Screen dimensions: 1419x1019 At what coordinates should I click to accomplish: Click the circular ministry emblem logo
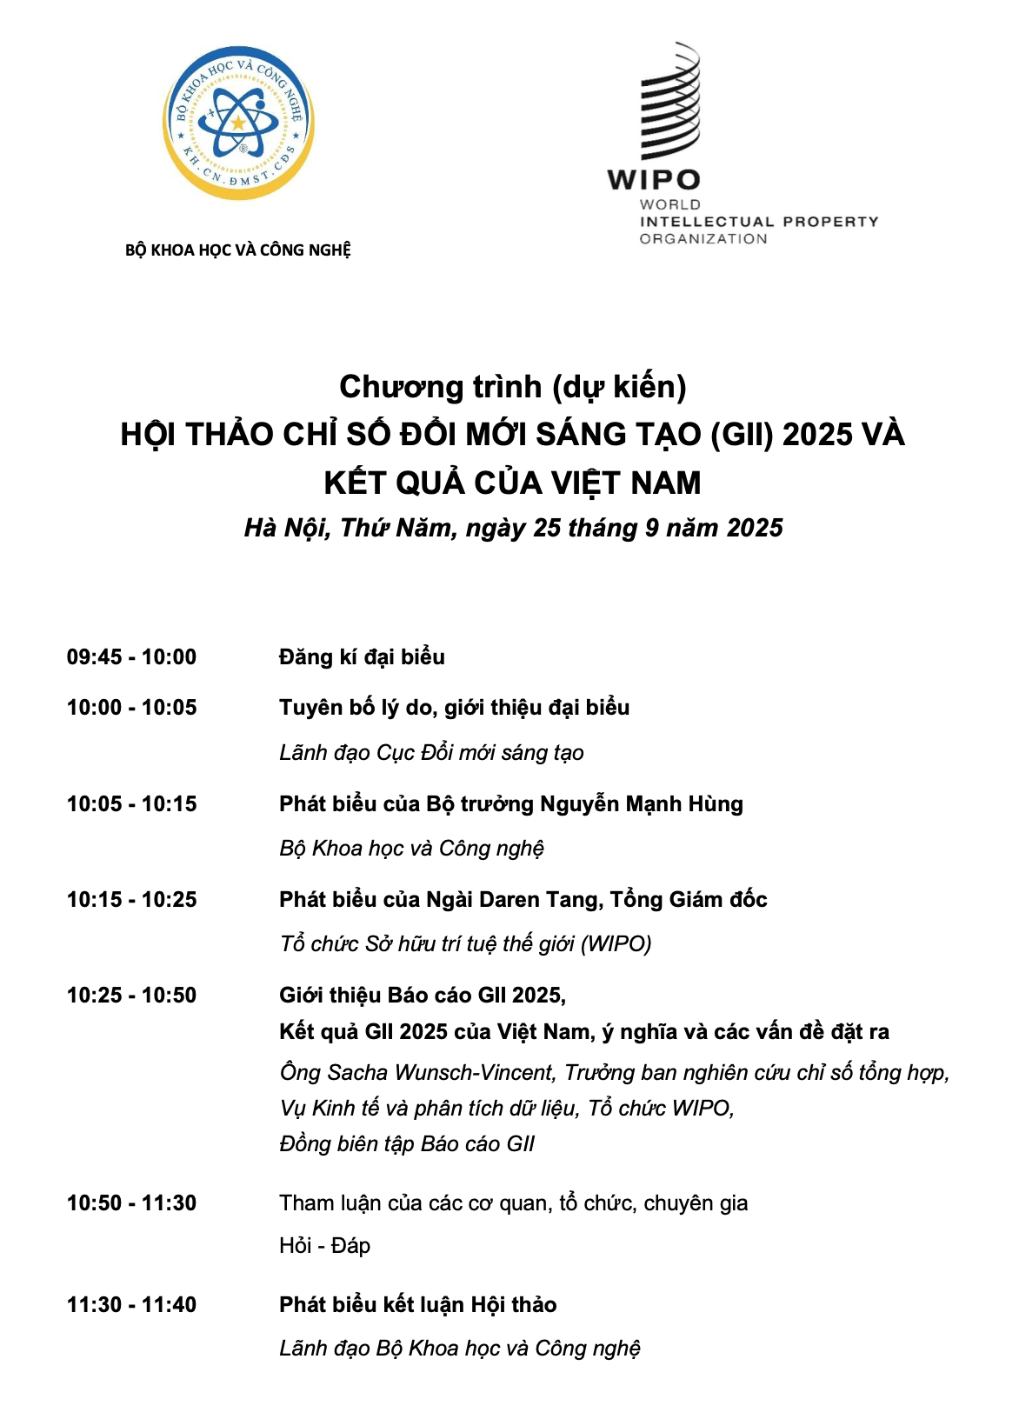(238, 123)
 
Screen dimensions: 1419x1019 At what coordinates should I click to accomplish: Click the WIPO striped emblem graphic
(669, 103)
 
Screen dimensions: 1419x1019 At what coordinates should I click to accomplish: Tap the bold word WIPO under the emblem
(653, 180)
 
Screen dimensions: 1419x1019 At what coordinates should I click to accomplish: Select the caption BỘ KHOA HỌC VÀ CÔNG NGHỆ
(238, 250)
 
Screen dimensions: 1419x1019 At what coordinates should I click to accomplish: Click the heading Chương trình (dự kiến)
(512, 387)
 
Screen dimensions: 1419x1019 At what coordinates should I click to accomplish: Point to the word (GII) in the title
(742, 435)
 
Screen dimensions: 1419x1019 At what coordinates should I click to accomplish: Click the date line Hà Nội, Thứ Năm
(513, 528)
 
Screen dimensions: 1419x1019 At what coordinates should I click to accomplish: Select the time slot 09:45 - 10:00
(131, 657)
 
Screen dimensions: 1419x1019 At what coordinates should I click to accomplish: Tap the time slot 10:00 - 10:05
(131, 708)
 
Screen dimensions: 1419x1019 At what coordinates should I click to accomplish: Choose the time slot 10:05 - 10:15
(131, 804)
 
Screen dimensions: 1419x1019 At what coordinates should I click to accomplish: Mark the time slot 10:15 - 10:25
(131, 900)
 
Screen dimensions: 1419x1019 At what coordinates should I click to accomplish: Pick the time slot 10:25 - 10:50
(131, 996)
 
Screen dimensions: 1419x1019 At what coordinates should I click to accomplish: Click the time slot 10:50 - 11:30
(131, 1203)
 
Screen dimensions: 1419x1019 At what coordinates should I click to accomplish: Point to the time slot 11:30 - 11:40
(131, 1305)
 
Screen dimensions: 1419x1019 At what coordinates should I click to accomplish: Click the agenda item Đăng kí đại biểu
(362, 657)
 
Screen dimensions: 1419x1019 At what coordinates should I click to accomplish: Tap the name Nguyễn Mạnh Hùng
(642, 804)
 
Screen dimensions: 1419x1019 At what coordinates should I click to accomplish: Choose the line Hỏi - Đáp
(324, 1246)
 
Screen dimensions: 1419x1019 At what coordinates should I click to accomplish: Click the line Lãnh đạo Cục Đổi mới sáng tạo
(431, 753)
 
